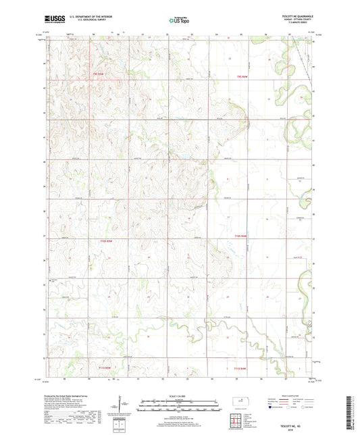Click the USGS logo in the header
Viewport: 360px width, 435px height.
[51, 21]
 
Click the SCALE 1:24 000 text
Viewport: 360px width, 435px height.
[180, 396]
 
